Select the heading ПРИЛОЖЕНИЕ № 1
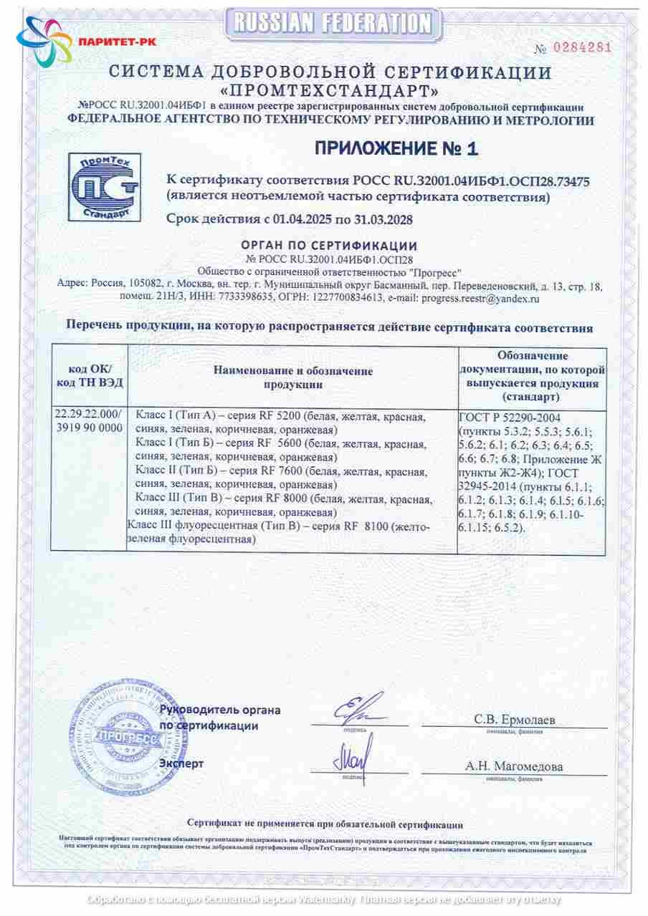(396, 148)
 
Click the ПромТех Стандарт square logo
(104, 188)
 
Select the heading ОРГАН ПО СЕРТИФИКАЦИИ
(329, 246)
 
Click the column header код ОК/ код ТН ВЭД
(90, 376)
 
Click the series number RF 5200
(283, 416)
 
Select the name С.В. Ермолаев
(514, 719)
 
